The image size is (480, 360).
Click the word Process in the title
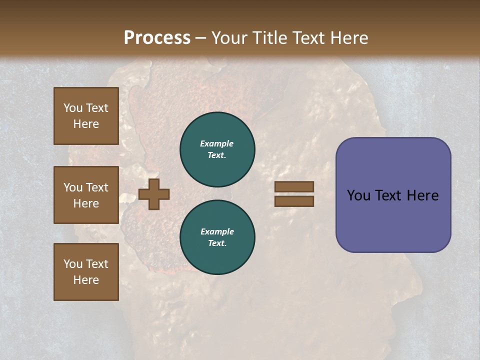(x=157, y=38)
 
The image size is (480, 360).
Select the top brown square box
(x=86, y=116)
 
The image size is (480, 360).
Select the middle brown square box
(x=86, y=195)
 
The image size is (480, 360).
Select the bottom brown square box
(x=86, y=272)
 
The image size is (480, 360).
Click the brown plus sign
(x=154, y=194)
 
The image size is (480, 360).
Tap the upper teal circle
(x=217, y=149)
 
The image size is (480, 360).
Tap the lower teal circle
(x=217, y=237)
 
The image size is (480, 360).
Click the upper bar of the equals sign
(x=294, y=187)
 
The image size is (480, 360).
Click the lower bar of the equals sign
(x=294, y=201)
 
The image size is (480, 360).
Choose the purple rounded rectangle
(x=393, y=195)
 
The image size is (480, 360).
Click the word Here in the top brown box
(x=86, y=124)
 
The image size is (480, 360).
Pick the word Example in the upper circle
(x=217, y=143)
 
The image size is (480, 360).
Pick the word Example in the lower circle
(x=217, y=231)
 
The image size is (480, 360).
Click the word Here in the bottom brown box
(x=86, y=280)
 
